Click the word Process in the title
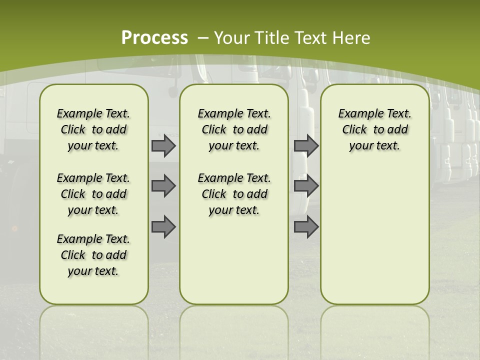pos(154,38)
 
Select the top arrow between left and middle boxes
pos(163,146)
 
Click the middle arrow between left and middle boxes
pos(163,186)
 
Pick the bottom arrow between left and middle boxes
pos(163,227)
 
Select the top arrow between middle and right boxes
pos(306,146)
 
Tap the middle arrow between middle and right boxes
pos(306,186)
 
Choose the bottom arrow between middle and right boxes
pos(306,227)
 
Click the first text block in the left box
pos(93,129)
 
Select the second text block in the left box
pos(93,194)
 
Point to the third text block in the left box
pos(93,255)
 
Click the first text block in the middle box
pos(234,129)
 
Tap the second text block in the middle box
pos(234,194)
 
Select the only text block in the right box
pos(375,129)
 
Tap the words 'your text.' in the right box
pos(375,146)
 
